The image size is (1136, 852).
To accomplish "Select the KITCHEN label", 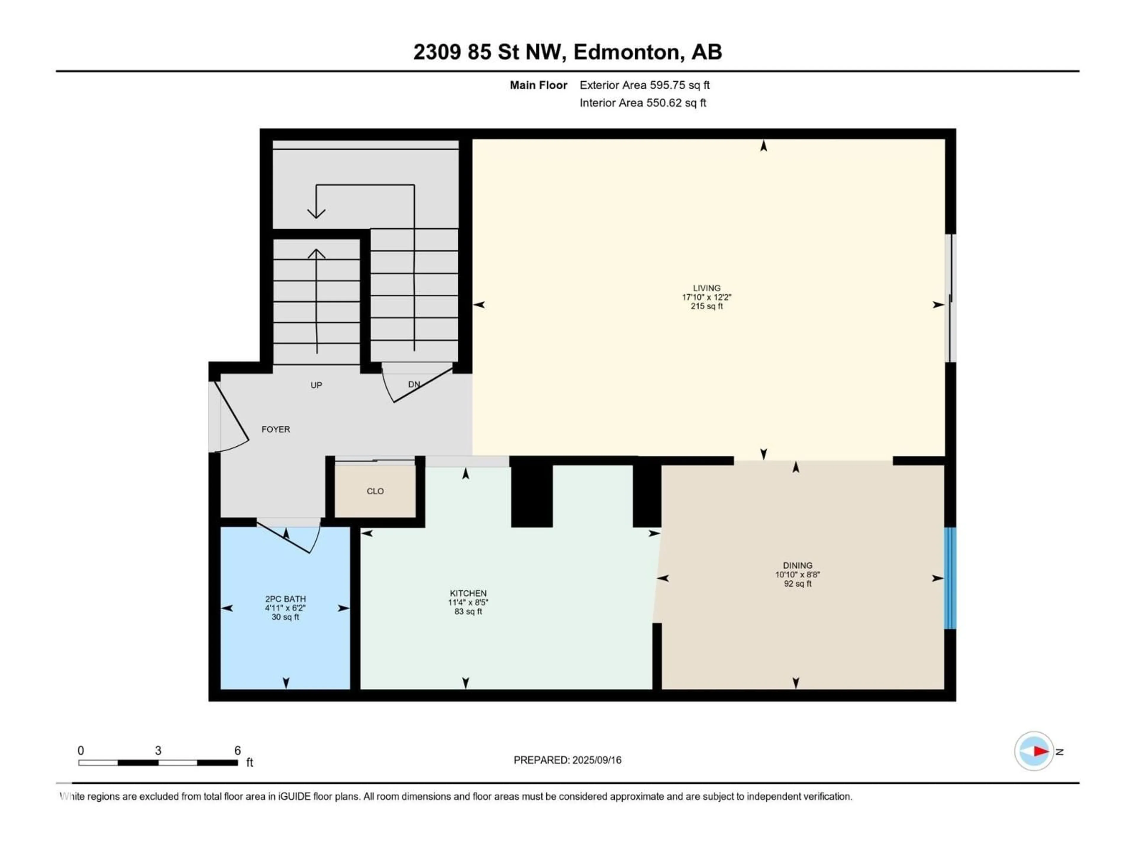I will (x=468, y=593).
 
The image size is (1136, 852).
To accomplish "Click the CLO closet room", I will (x=375, y=491).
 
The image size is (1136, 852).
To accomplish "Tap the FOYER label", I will (x=276, y=429).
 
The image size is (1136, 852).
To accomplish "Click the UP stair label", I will (x=316, y=385).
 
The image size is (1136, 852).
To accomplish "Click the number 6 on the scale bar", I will (x=237, y=750).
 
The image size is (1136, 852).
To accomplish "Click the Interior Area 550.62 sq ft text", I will (x=643, y=103).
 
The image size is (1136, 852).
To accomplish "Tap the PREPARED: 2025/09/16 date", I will (x=567, y=760).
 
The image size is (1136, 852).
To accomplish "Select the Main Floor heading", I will (x=538, y=85).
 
